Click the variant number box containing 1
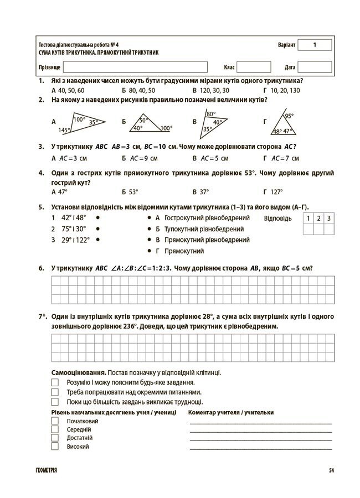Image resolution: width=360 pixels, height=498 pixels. [x=314, y=45]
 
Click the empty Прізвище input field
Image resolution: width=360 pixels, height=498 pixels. [x=135, y=67]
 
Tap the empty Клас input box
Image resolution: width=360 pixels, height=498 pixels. [x=254, y=67]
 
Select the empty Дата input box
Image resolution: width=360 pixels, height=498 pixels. [x=315, y=67]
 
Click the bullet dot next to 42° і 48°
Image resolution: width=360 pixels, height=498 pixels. [x=97, y=217]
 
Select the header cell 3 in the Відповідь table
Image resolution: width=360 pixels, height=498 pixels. [x=329, y=219]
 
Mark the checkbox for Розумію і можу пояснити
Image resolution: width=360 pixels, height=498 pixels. [x=55, y=382]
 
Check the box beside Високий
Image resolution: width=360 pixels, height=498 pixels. [x=55, y=446]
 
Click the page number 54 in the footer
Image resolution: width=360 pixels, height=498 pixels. [x=331, y=470]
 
